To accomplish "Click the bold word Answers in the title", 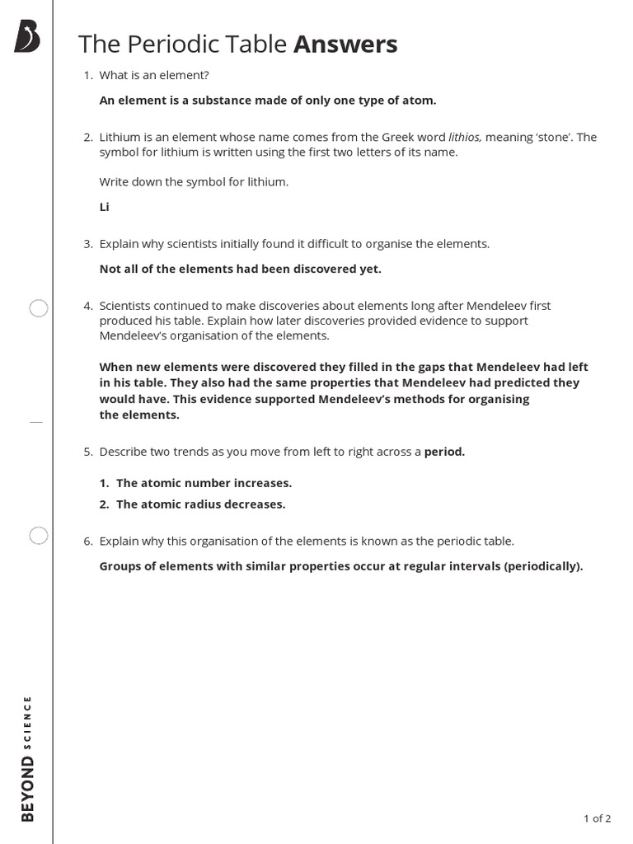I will coord(345,45).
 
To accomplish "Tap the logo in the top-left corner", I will coord(26,37).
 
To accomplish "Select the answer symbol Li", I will coord(105,207).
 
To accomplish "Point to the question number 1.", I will coord(87,75).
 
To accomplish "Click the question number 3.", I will coord(87,244).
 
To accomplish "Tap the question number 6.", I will coord(87,541).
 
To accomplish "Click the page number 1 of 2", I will coord(597,818).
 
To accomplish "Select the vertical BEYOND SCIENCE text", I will coord(28,757).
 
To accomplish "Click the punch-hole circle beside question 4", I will coord(39,309).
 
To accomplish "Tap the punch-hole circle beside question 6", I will coord(39,536).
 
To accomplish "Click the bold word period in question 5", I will coord(444,452).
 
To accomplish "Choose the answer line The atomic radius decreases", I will coord(200,504).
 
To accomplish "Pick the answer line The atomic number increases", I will coord(204,483).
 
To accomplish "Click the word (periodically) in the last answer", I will coord(543,566).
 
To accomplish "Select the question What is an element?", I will coord(154,75).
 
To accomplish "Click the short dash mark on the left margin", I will coord(35,421).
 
